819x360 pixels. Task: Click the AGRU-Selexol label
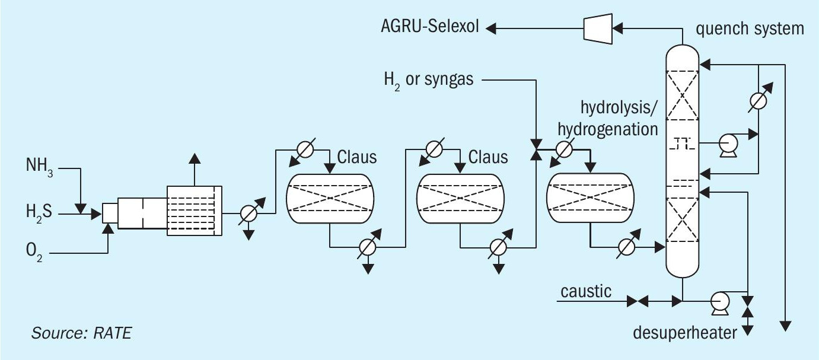pos(430,27)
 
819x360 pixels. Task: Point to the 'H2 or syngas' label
pos(428,79)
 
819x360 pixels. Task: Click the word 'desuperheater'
pos(684,332)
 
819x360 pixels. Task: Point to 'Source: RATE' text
pos(81,333)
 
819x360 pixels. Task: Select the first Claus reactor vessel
pos(331,198)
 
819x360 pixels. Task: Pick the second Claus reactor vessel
pos(461,198)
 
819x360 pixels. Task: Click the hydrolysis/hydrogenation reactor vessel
pos(589,198)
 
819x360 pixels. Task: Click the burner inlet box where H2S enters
pos(109,212)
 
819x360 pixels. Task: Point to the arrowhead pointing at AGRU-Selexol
pos(490,27)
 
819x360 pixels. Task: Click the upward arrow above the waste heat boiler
pos(193,157)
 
